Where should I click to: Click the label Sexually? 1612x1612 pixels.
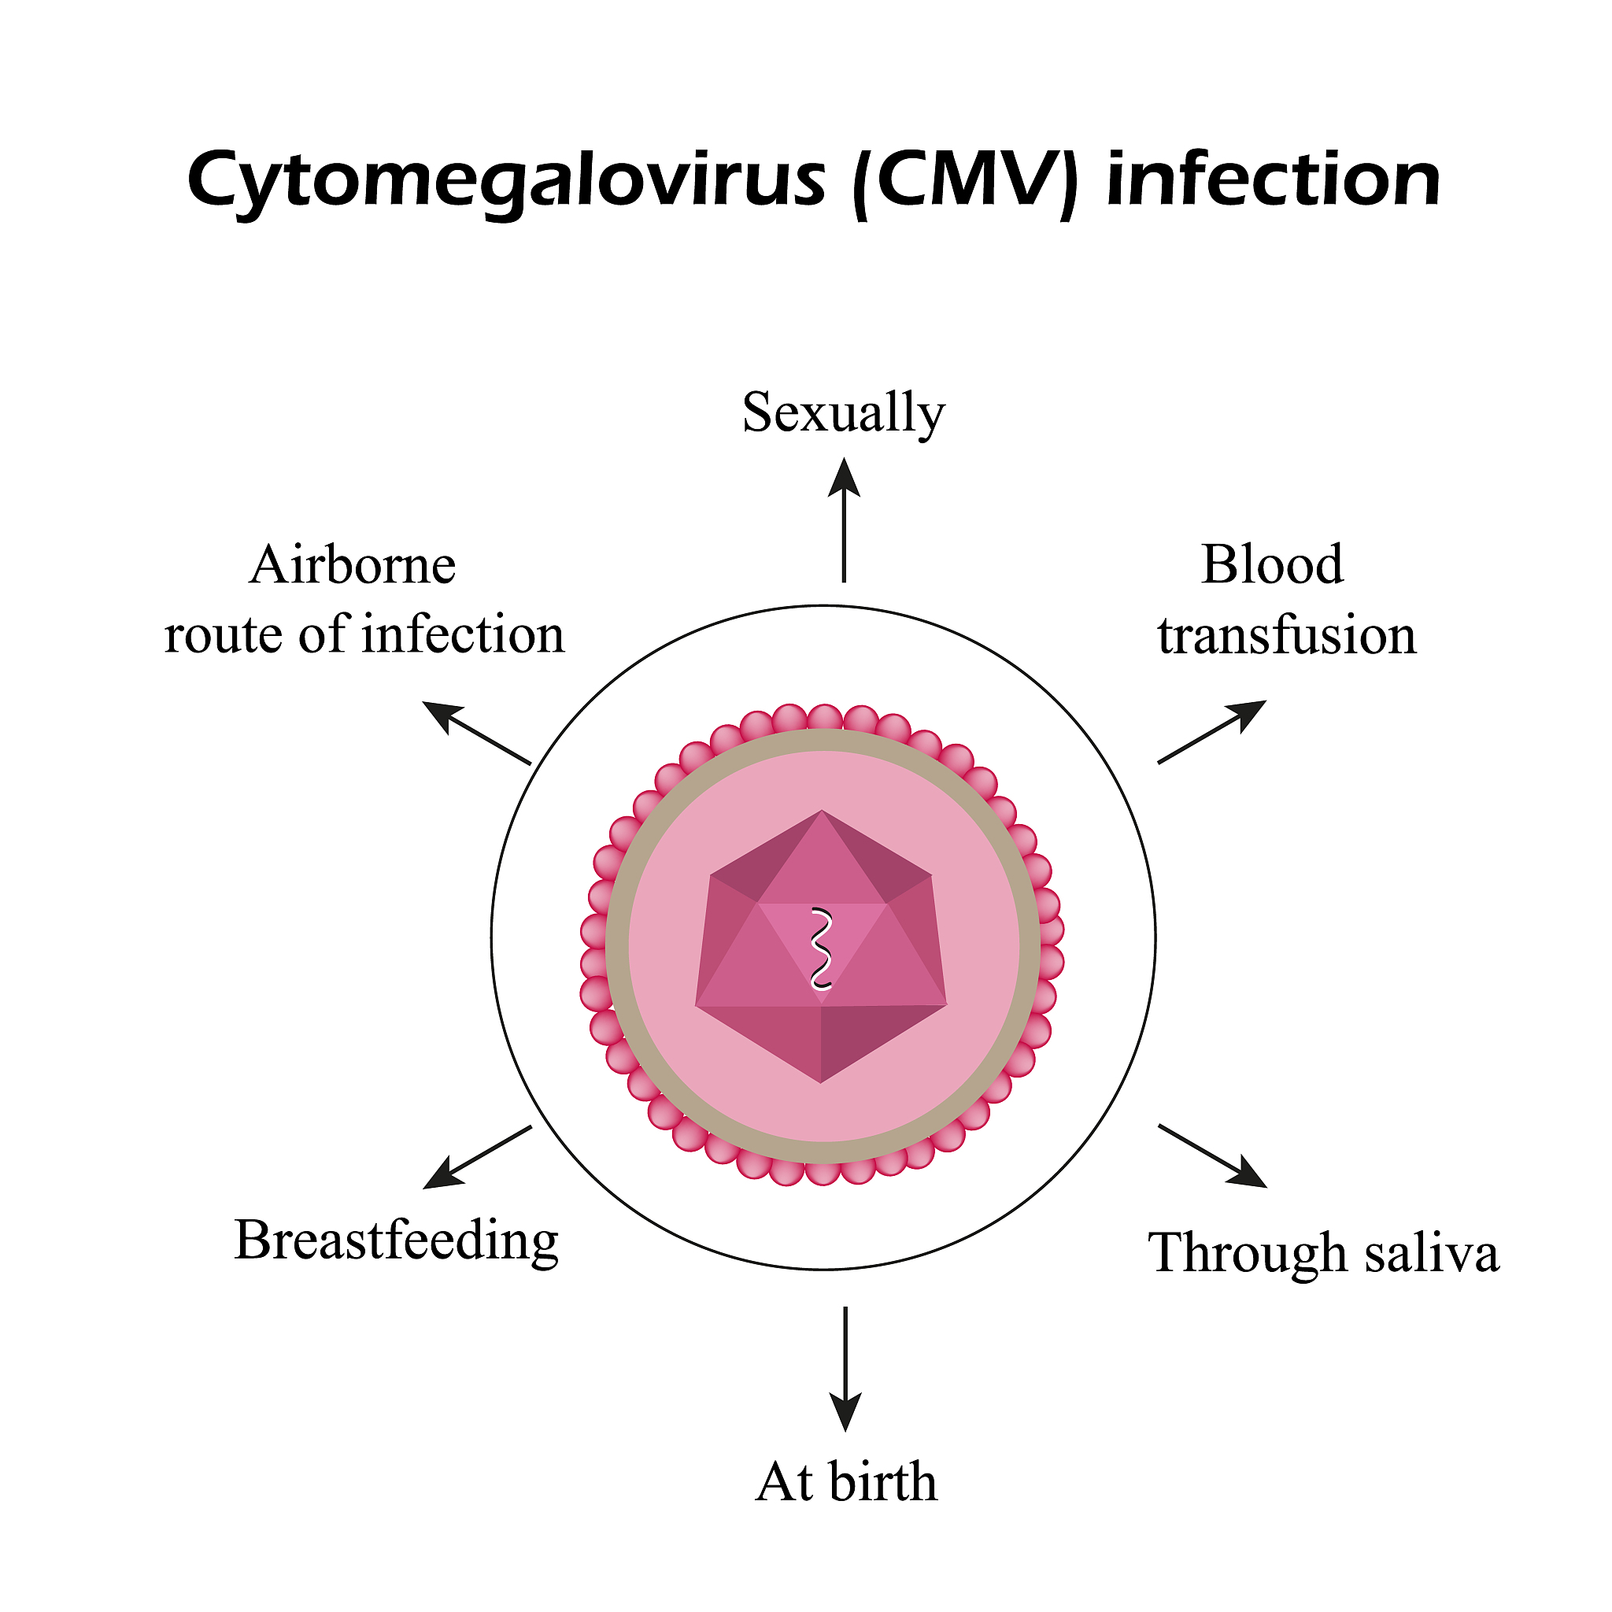[844, 413]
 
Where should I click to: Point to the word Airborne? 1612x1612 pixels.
[352, 565]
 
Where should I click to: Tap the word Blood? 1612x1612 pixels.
[1273, 565]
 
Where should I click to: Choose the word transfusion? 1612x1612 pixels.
[1287, 636]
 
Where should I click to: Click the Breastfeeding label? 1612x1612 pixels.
[397, 1240]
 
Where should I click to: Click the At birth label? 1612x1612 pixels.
[846, 1483]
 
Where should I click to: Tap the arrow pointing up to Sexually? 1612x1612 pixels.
[845, 519]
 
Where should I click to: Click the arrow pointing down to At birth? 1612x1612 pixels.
[845, 1368]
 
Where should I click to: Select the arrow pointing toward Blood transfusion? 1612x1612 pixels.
[1212, 731]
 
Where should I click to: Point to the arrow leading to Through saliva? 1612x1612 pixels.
[1213, 1155]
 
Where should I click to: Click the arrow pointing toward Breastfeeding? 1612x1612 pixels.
[477, 1157]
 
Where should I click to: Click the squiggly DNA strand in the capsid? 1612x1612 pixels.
[822, 948]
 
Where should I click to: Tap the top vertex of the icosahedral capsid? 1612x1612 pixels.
[822, 810]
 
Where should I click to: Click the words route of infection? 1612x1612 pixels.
[364, 635]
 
